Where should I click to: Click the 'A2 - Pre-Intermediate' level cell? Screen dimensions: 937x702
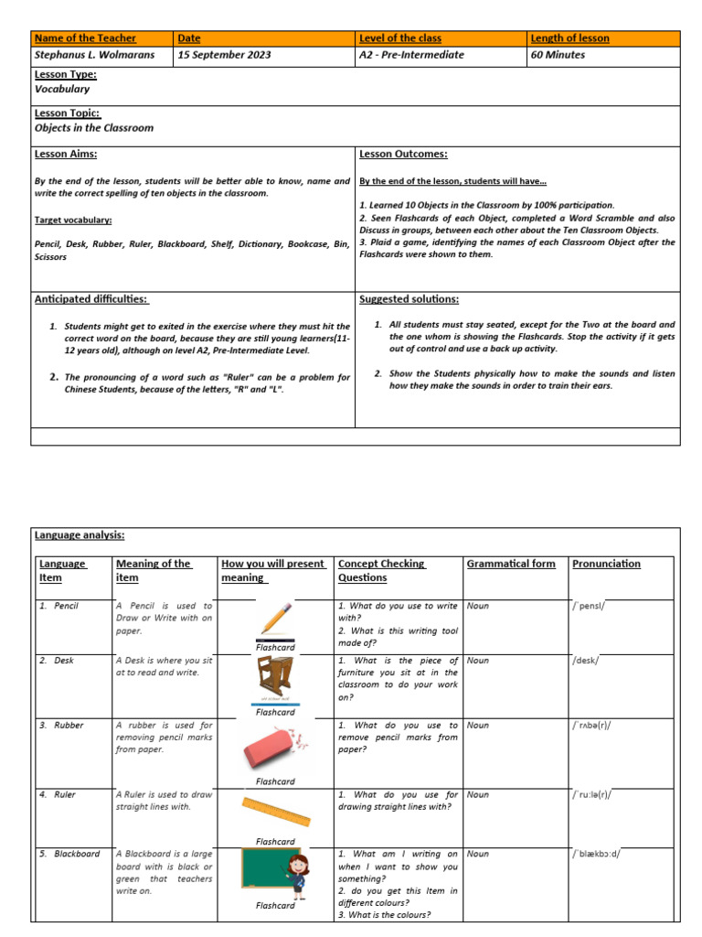(x=411, y=55)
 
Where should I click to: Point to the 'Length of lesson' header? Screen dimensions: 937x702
(x=570, y=38)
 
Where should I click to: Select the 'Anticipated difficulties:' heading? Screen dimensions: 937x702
(x=90, y=299)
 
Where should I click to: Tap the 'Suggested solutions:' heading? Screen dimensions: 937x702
(x=409, y=299)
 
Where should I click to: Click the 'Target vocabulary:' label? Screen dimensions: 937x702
(x=73, y=221)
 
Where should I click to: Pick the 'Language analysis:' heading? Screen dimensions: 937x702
(x=80, y=535)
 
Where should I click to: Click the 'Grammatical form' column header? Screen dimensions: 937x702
(x=510, y=564)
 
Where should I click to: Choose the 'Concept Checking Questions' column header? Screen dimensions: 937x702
(x=376, y=571)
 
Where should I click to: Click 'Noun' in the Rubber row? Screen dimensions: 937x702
(x=478, y=726)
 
